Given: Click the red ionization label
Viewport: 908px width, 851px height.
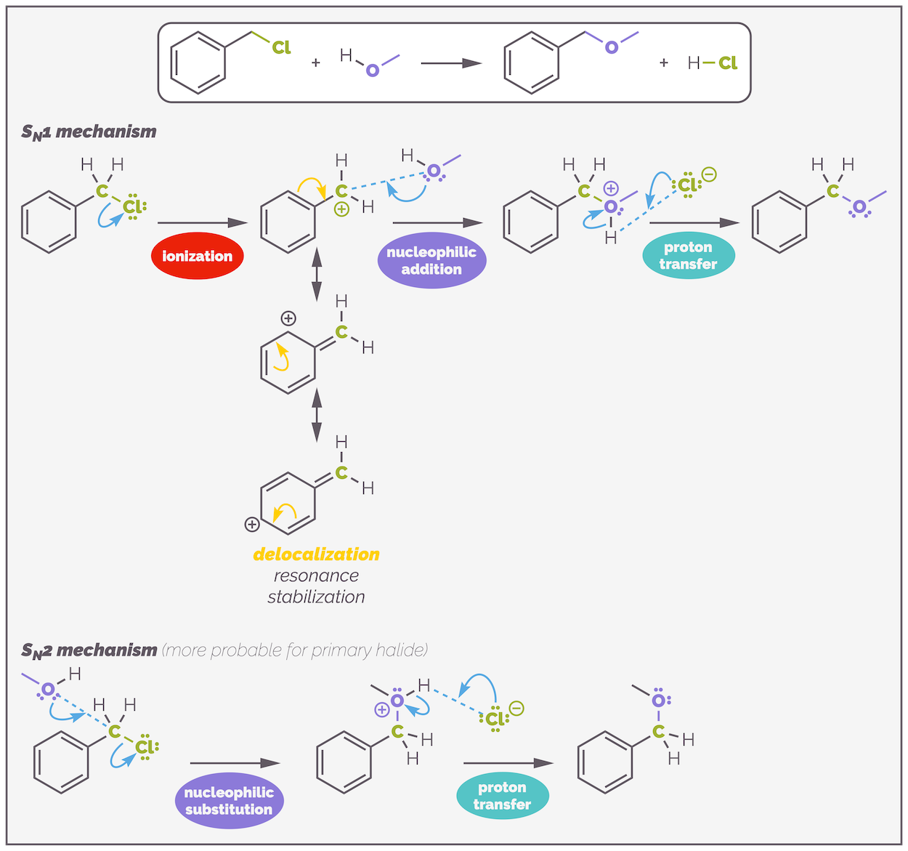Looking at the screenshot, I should point(197,256).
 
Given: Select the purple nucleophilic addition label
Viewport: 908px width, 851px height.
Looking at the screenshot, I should point(431,260).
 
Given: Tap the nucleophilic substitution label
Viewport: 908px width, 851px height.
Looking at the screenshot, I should point(229,800).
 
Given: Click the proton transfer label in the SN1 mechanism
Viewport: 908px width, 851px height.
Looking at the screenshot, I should point(689,255).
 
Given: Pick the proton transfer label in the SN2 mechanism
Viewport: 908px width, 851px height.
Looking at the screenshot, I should point(502,795).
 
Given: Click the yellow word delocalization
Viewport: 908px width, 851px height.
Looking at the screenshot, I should point(316,554).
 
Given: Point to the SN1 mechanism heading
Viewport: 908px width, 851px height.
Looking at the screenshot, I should point(89,132).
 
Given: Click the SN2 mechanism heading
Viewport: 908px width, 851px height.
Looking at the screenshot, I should point(89,650).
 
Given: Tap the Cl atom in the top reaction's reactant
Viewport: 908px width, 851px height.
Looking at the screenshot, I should point(281,47).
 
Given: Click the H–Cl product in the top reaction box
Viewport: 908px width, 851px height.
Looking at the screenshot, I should point(712,63).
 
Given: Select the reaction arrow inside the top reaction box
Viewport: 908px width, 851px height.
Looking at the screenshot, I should point(451,63).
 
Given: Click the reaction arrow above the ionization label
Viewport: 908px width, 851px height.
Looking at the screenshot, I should point(203,222).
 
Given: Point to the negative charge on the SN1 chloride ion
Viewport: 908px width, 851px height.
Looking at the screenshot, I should point(709,174).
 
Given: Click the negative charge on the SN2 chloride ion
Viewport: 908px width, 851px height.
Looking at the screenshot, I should point(516,709).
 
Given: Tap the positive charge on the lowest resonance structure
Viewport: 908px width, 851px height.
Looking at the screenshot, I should point(252,524).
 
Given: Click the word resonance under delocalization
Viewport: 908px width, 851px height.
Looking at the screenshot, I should point(316,576).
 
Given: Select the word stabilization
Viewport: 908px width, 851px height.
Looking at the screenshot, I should point(316,597).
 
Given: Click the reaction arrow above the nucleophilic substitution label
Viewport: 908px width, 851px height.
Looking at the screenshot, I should point(235,763).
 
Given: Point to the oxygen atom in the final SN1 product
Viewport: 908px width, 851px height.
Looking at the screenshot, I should point(859,207).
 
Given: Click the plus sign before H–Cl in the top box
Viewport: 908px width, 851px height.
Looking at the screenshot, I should point(663,63).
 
